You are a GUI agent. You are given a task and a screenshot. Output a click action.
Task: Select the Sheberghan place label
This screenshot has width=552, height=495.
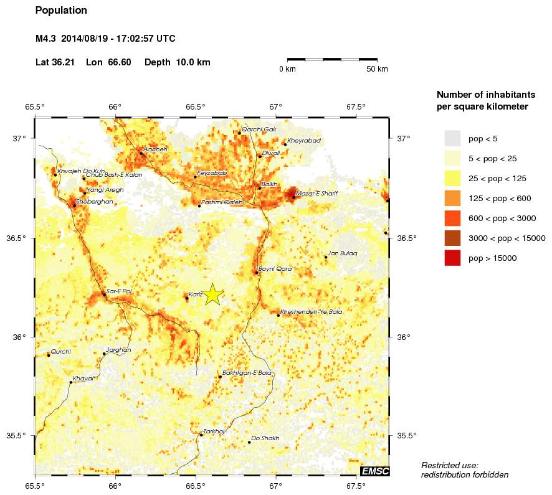point(94,202)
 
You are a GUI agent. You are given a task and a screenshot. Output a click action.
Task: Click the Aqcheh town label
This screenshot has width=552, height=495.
point(155,149)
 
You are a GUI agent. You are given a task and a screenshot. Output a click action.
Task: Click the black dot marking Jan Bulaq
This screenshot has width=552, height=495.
point(326,257)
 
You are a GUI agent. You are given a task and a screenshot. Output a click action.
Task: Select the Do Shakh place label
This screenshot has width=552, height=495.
point(265,438)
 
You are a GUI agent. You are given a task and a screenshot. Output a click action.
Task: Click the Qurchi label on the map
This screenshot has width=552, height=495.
point(61,352)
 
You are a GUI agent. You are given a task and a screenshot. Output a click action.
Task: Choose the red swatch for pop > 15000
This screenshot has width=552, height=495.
point(452,258)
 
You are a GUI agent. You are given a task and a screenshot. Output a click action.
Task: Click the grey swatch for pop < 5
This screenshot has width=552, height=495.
point(452,138)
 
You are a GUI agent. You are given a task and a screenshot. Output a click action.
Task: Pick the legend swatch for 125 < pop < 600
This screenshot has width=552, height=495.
point(452,198)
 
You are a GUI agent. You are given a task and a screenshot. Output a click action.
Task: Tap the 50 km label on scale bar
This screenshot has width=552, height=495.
point(377,69)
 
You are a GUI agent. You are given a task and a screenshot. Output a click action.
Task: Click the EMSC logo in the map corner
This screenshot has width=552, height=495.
point(374,472)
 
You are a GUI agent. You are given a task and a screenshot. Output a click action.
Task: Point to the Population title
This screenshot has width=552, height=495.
point(62,11)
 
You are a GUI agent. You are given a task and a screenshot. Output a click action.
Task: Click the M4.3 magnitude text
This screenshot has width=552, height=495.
point(47,39)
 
